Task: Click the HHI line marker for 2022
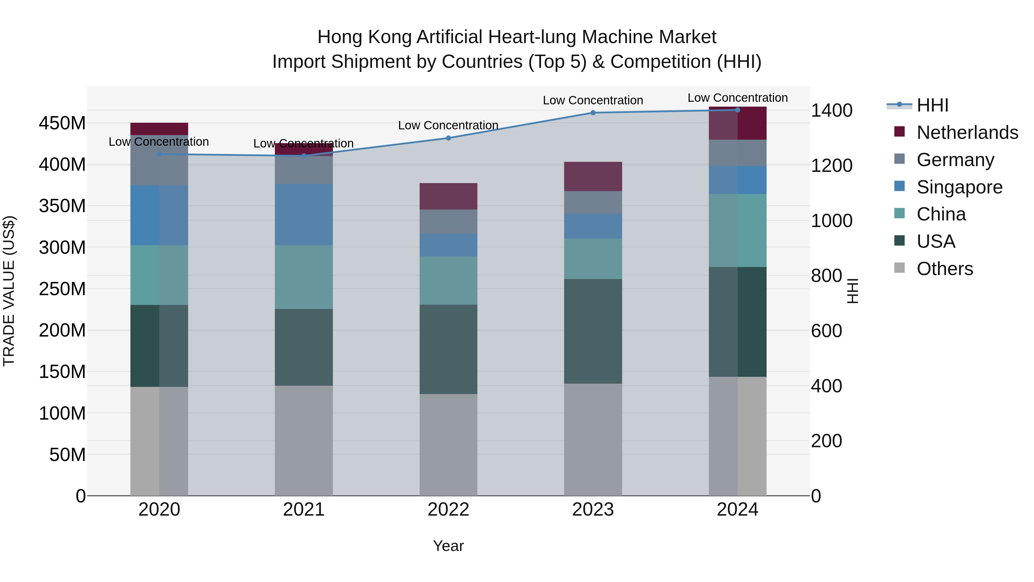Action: (x=448, y=138)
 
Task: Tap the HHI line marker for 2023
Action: (x=593, y=113)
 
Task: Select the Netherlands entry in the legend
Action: (x=967, y=132)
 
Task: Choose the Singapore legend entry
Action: (x=959, y=187)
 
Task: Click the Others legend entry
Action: (x=944, y=269)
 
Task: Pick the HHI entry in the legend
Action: (x=932, y=105)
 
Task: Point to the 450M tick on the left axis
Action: (x=62, y=123)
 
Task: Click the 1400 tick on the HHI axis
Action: (x=831, y=110)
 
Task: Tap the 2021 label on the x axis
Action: (x=304, y=510)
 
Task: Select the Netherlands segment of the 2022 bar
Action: (x=448, y=196)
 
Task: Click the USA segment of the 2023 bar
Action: (x=593, y=331)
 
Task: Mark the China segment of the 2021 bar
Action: (x=304, y=277)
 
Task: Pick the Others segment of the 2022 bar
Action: (x=448, y=445)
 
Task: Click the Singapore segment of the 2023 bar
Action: (x=593, y=226)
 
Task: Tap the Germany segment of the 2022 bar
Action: (x=448, y=222)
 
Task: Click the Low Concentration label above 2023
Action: (x=593, y=100)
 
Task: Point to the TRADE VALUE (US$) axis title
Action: (x=9, y=291)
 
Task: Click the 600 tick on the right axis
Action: (x=826, y=331)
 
